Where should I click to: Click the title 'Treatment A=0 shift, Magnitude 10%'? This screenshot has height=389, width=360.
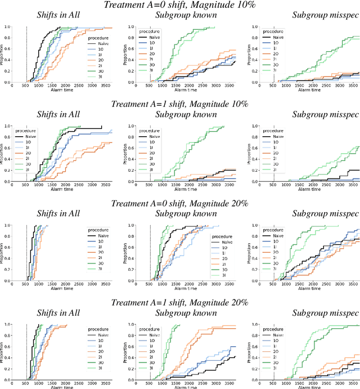pos(179,6)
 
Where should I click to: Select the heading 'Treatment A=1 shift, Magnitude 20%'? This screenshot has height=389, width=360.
pos(179,302)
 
